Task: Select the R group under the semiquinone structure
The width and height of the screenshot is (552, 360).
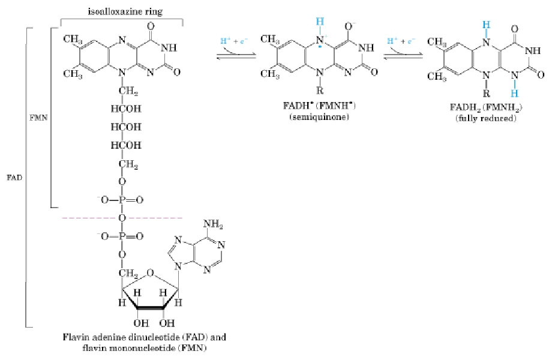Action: point(320,91)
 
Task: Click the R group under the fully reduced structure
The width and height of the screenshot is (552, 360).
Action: point(486,94)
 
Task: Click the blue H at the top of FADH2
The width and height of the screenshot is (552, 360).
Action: point(486,24)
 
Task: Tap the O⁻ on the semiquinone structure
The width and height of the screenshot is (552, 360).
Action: point(349,27)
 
